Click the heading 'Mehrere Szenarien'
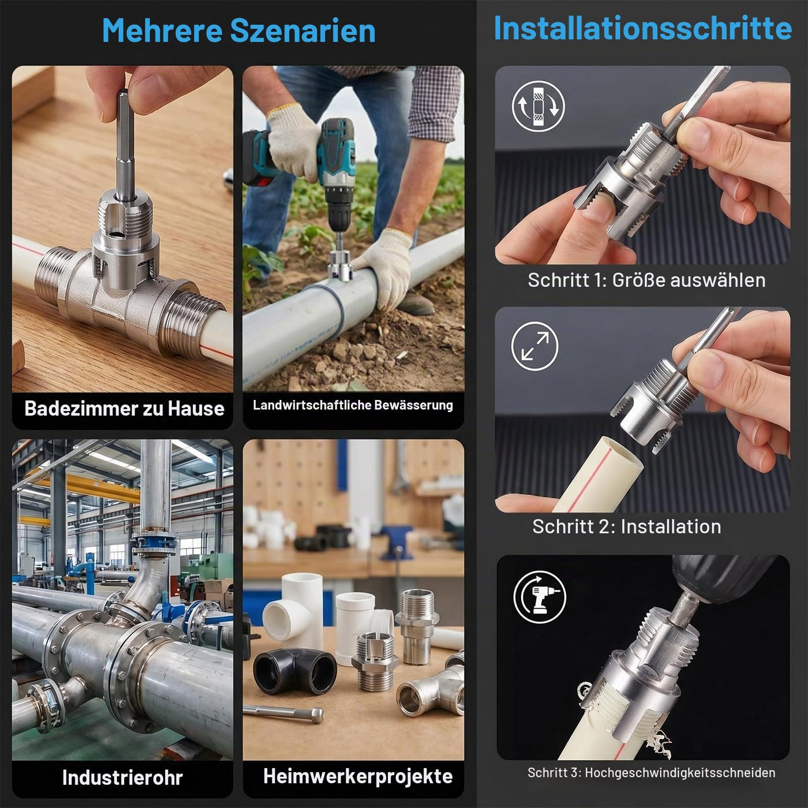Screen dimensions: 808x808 [238, 31]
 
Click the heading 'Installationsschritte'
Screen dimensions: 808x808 [642, 28]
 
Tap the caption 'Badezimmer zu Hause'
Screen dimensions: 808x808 [124, 409]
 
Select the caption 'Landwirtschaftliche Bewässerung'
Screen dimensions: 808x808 [353, 405]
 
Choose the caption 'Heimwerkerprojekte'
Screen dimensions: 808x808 [358, 777]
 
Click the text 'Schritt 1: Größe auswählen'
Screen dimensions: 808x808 [646, 280]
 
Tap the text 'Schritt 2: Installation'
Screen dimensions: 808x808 [626, 526]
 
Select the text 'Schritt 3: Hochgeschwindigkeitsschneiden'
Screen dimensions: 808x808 [651, 772]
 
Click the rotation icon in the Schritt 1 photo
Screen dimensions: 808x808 [538, 106]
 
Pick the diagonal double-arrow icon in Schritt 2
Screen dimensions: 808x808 [534, 346]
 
